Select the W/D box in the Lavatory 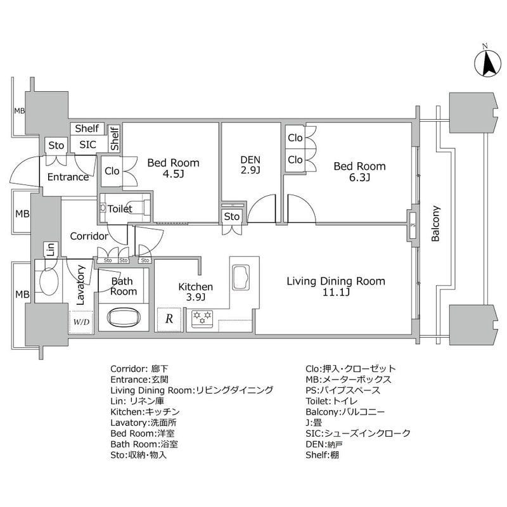[81, 321]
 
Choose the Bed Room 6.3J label [360, 172]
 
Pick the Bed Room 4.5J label [173, 169]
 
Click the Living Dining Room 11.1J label [335, 286]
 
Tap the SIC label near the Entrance [87, 144]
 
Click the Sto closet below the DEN [232, 216]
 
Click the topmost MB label [20, 111]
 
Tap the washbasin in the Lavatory [49, 280]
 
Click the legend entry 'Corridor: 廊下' [139, 368]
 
